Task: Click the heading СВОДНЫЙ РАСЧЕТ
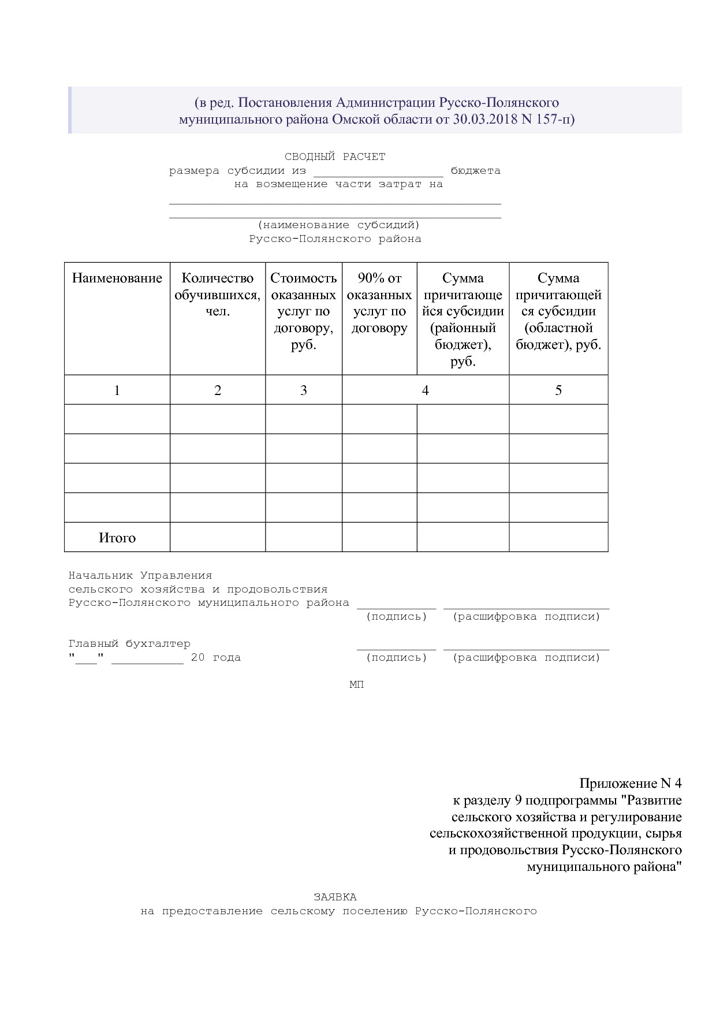335,157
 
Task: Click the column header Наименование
117,278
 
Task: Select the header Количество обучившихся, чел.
218,295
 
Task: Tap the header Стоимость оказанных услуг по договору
304,311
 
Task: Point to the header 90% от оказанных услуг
379,303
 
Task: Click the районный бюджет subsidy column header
463,319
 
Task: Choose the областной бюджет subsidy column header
558,311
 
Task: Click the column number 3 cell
304,390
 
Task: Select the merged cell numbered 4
426,390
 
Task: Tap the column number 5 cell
558,390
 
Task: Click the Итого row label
117,538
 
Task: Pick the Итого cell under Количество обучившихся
218,537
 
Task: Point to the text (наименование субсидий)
339,225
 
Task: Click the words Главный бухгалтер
129,644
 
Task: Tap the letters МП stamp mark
357,685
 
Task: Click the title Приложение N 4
631,784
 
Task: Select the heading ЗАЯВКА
335,897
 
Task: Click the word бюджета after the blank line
476,171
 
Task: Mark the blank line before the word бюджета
378,173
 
